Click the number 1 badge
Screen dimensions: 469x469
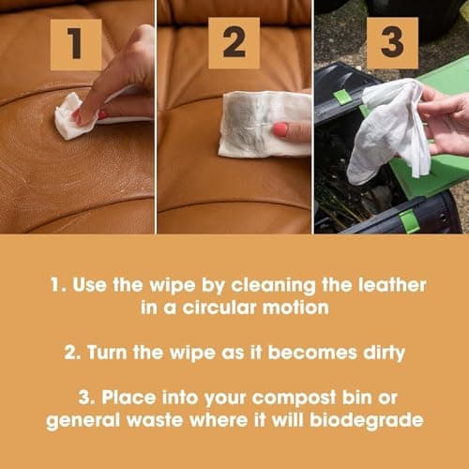[77, 43]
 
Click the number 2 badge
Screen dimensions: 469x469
[234, 43]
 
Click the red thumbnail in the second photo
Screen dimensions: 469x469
[280, 129]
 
